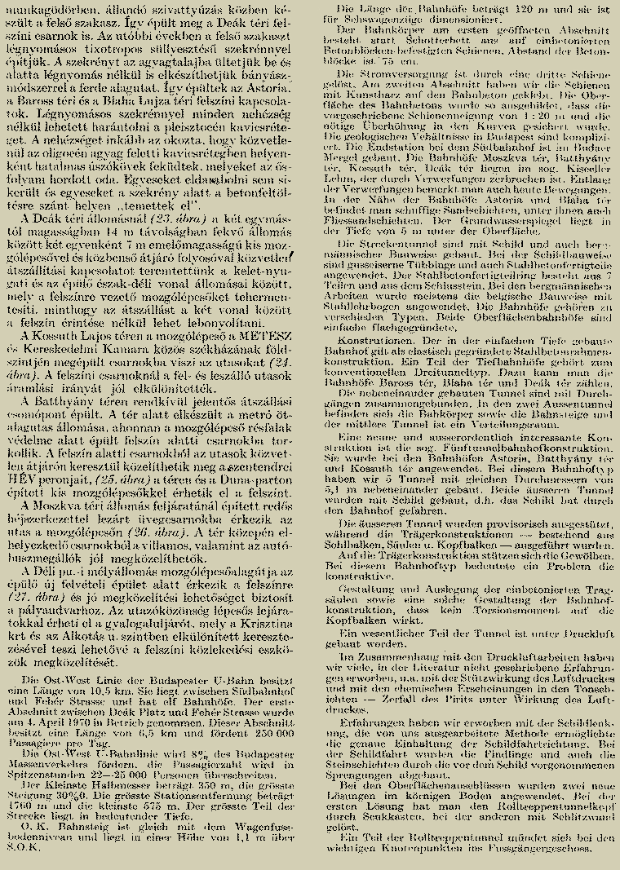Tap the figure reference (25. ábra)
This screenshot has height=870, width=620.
[120, 481]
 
